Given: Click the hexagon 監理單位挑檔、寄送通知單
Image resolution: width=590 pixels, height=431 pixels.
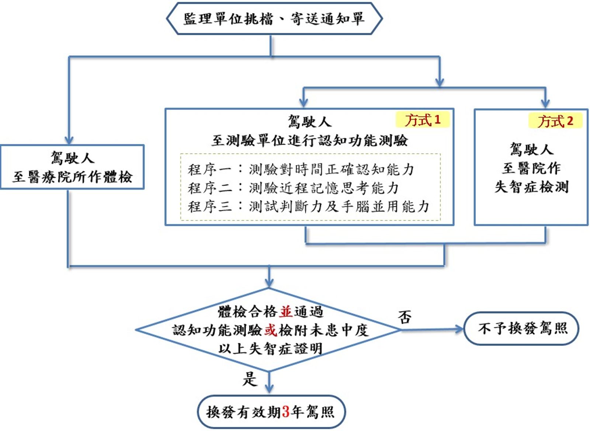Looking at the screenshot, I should tap(274, 18).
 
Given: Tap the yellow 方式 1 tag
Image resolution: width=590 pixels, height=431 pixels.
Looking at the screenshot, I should tap(423, 120).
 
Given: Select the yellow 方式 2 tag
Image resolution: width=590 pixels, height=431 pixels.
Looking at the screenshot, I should tap(555, 121).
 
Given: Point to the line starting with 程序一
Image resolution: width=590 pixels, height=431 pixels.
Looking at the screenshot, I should tap(301, 169).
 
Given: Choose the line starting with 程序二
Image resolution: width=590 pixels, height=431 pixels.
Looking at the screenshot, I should tap(293, 188).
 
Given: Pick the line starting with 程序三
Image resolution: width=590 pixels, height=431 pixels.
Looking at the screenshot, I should tap(308, 206).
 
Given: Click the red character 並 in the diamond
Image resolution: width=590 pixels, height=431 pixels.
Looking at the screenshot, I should tap(286, 312).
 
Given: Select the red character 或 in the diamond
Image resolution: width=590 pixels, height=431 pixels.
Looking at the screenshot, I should tap(270, 330).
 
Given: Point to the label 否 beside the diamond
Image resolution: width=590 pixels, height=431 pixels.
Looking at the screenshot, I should tap(405, 317).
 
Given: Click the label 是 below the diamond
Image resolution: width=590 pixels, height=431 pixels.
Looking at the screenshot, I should tap(249, 379).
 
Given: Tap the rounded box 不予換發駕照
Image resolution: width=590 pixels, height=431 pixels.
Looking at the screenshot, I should tap(521, 328).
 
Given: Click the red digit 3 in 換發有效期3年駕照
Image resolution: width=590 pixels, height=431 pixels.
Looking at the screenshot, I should tap(285, 412).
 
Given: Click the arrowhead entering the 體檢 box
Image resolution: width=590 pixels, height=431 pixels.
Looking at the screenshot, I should tap(69, 140).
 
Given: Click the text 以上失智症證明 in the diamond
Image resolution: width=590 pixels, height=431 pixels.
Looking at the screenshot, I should tap(270, 348).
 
